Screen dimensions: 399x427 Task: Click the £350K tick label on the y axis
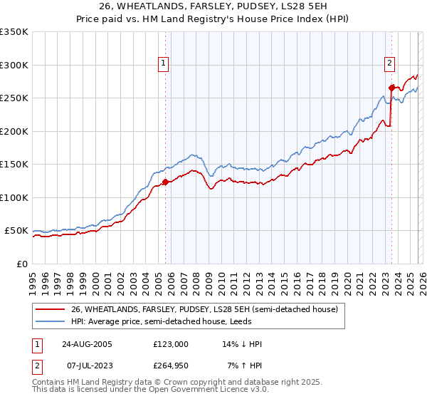(14, 32)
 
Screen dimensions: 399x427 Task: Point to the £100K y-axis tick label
(14, 197)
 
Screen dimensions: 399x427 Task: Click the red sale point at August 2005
(165, 182)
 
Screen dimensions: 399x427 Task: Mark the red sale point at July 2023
(391, 88)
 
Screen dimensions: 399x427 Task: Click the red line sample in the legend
(51, 309)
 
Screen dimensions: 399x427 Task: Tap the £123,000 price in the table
(170, 344)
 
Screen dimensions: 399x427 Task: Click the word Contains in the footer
(48, 383)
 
